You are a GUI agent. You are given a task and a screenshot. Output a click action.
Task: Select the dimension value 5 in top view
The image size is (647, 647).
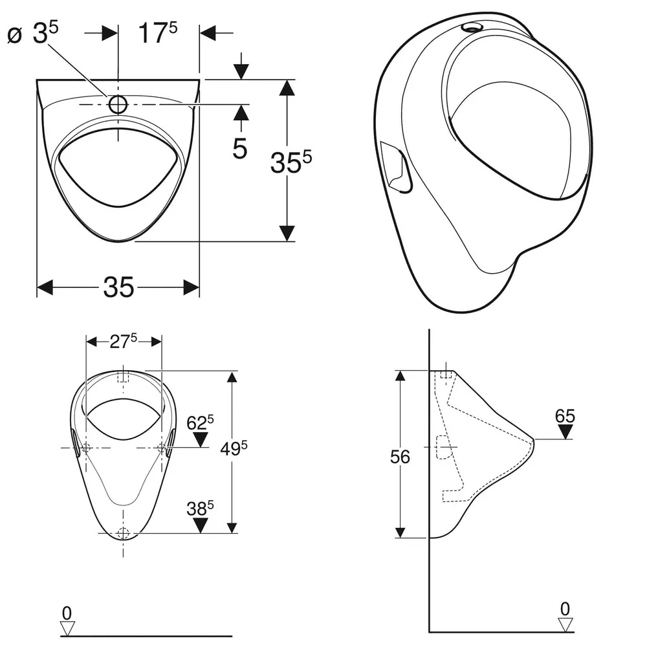point(240,149)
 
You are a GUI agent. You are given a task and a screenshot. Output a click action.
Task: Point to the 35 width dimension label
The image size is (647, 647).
point(118,287)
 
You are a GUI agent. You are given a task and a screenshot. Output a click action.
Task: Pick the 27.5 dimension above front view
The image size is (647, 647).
point(123,342)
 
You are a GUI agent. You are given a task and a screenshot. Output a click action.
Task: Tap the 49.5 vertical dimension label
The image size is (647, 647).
point(235,448)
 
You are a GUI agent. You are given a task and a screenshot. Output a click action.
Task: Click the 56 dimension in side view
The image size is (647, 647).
point(400,457)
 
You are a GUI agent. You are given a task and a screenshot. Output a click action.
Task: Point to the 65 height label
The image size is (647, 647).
point(565,416)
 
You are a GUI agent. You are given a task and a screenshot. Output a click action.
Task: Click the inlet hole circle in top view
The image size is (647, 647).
point(118,104)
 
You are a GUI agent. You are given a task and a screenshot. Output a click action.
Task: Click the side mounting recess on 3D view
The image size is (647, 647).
point(397,166)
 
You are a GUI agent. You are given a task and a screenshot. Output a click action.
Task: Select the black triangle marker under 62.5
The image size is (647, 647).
point(201,440)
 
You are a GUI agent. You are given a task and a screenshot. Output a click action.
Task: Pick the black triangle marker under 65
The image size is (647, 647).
point(565,432)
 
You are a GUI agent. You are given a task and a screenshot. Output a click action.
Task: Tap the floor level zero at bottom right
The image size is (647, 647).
point(565,608)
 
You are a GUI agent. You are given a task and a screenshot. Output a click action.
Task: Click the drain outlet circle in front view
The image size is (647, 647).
point(123,533)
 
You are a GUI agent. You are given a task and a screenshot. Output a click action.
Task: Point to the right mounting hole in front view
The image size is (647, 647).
point(161,448)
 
